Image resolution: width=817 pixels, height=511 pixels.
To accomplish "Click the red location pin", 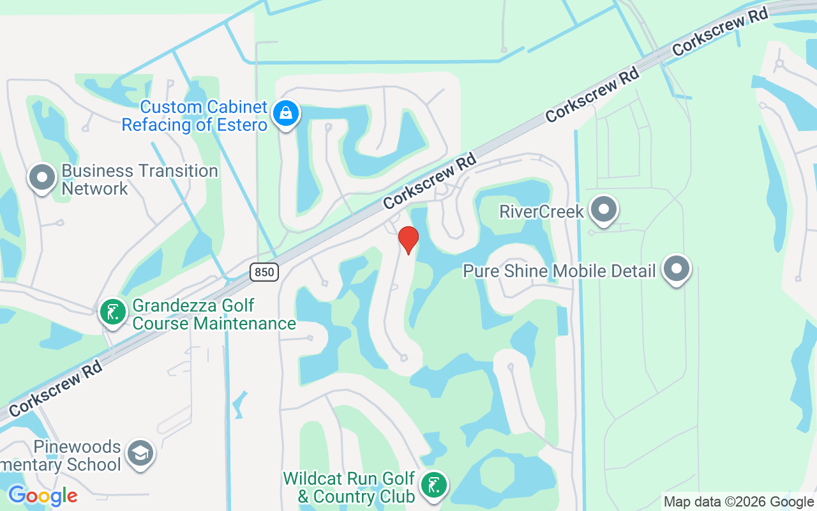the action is click(408, 240).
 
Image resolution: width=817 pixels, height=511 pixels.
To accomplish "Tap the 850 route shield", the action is click(263, 272).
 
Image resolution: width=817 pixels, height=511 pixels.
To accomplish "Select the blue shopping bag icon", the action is click(285, 114).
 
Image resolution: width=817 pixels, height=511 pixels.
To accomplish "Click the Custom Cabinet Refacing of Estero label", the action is click(195, 116).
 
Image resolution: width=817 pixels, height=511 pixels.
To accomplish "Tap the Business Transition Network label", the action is click(140, 179).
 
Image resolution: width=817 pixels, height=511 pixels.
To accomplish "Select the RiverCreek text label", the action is click(541, 211).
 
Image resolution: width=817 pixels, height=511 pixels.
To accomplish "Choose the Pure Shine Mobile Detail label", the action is click(559, 271).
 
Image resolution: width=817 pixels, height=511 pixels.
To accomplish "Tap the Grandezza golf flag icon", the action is click(113, 312).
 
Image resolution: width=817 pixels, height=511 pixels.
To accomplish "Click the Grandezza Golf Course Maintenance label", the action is click(214, 314).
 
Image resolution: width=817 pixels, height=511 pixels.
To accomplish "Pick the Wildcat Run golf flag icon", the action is click(435, 485).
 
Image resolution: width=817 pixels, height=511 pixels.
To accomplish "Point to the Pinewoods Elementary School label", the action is click(61, 455).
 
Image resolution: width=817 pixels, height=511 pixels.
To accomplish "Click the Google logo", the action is click(43, 495).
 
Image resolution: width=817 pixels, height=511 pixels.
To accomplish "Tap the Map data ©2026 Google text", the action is click(739, 502).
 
